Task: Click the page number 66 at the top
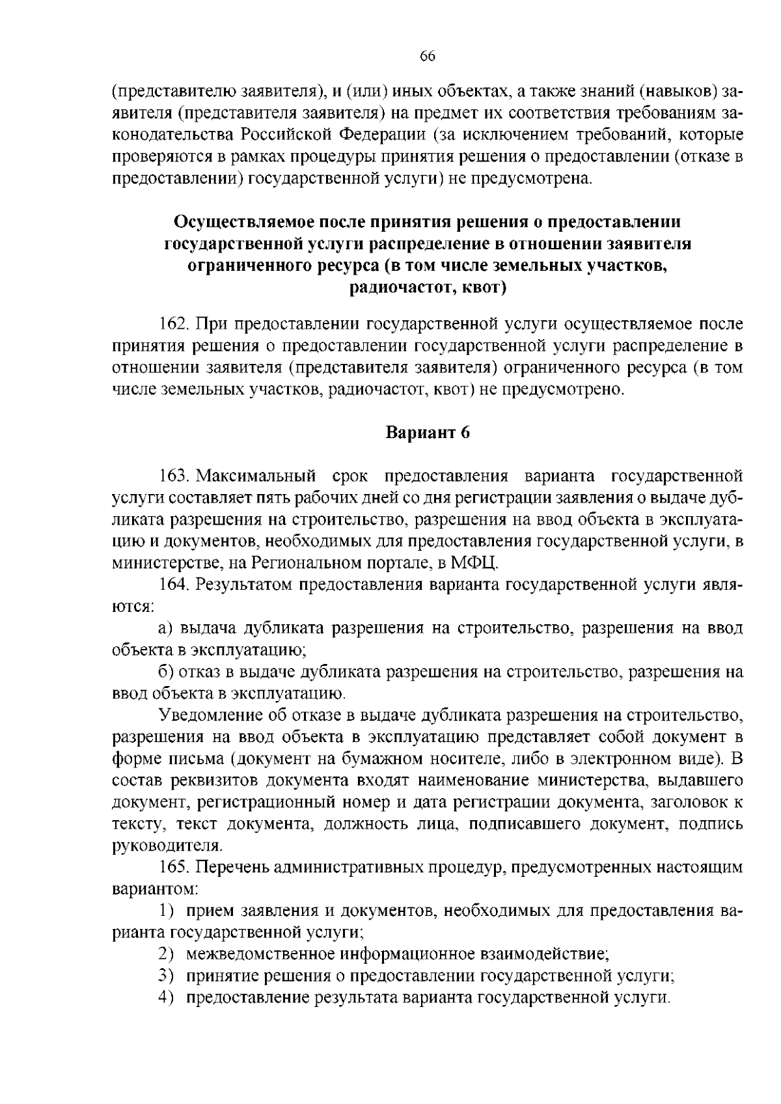click(x=427, y=56)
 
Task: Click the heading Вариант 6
click(x=428, y=434)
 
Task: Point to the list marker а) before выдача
click(x=166, y=628)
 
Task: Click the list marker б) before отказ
click(x=166, y=672)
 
